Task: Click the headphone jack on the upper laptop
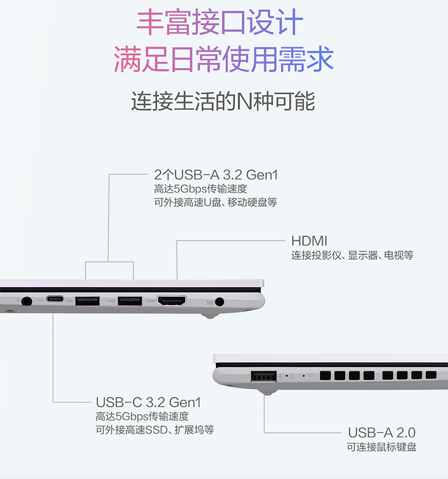pos(27,302)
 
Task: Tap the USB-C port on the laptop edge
pos(54,299)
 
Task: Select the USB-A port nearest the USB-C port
pos(87,301)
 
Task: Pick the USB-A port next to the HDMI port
pos(130,301)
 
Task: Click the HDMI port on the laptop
pos(172,301)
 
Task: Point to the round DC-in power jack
pos(219,302)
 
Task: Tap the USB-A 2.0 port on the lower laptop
pos(264,376)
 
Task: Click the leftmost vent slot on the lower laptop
pos(325,376)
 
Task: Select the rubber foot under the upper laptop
pos(210,316)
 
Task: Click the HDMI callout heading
pos(309,241)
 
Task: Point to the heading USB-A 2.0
pos(382,433)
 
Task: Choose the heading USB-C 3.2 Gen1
pos(148,402)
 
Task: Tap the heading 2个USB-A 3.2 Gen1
pos(215,175)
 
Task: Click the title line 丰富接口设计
pos(219,22)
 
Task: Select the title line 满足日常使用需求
pos(223,60)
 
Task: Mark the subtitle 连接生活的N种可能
pos(223,101)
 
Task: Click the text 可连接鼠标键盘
pos(382,447)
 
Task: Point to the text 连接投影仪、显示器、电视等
pos(352,255)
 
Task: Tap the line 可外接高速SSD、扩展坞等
pos(155,430)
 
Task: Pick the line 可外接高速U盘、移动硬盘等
pos(215,202)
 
